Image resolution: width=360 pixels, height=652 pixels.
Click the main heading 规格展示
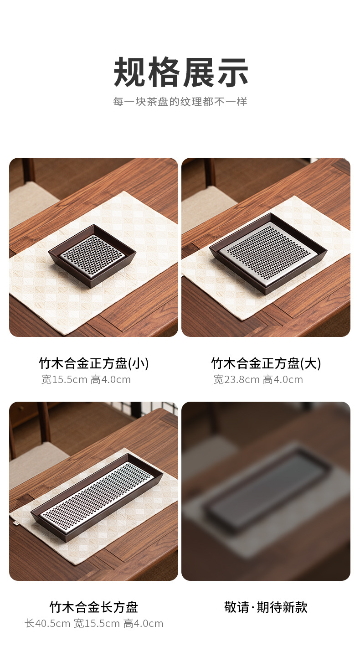pyautogui.click(x=180, y=72)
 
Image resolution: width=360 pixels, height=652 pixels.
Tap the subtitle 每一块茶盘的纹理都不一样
pyautogui.click(x=180, y=102)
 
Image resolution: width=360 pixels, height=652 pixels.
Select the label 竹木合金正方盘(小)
pyautogui.click(x=94, y=363)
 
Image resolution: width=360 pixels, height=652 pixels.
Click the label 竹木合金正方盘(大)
pyautogui.click(x=266, y=363)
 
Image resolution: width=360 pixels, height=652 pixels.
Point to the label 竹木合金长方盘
pyautogui.click(x=94, y=607)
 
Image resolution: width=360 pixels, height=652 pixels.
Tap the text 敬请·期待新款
pyautogui.click(x=266, y=607)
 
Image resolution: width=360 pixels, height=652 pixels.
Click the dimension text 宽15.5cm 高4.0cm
pyautogui.click(x=86, y=379)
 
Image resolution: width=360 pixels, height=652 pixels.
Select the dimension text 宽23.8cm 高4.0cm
pyautogui.click(x=258, y=379)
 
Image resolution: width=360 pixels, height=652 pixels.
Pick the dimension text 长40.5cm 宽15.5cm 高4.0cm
pyautogui.click(x=94, y=623)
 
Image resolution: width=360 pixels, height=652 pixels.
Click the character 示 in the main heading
pyautogui.click(x=232, y=72)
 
